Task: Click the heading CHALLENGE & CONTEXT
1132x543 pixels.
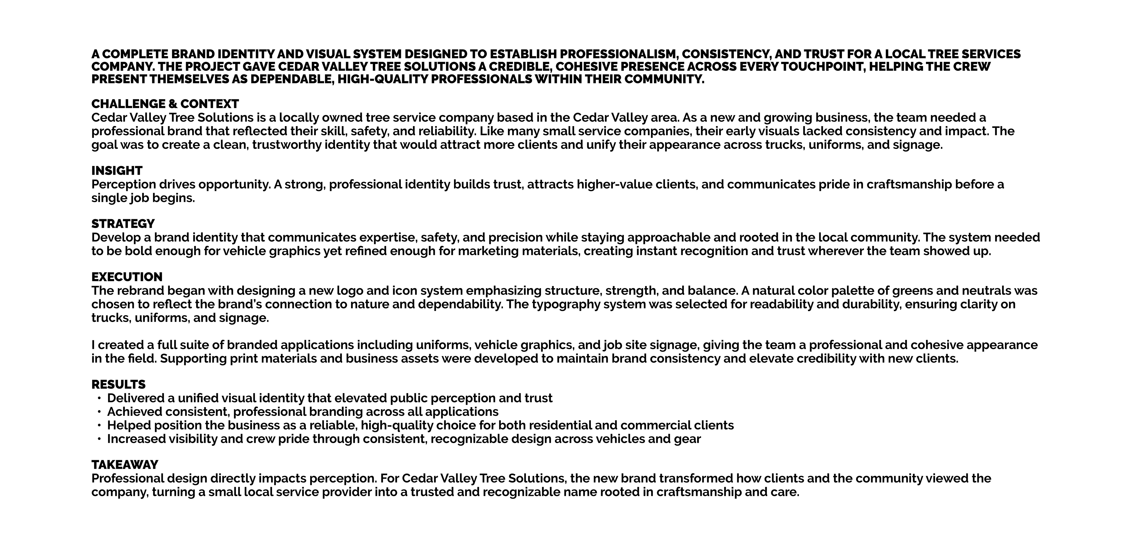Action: [165, 104]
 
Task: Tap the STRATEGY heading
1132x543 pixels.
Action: [123, 224]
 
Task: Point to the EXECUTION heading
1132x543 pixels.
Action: [126, 277]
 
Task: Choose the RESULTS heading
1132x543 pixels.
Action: [118, 385]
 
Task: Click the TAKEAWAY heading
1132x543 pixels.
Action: [124, 465]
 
